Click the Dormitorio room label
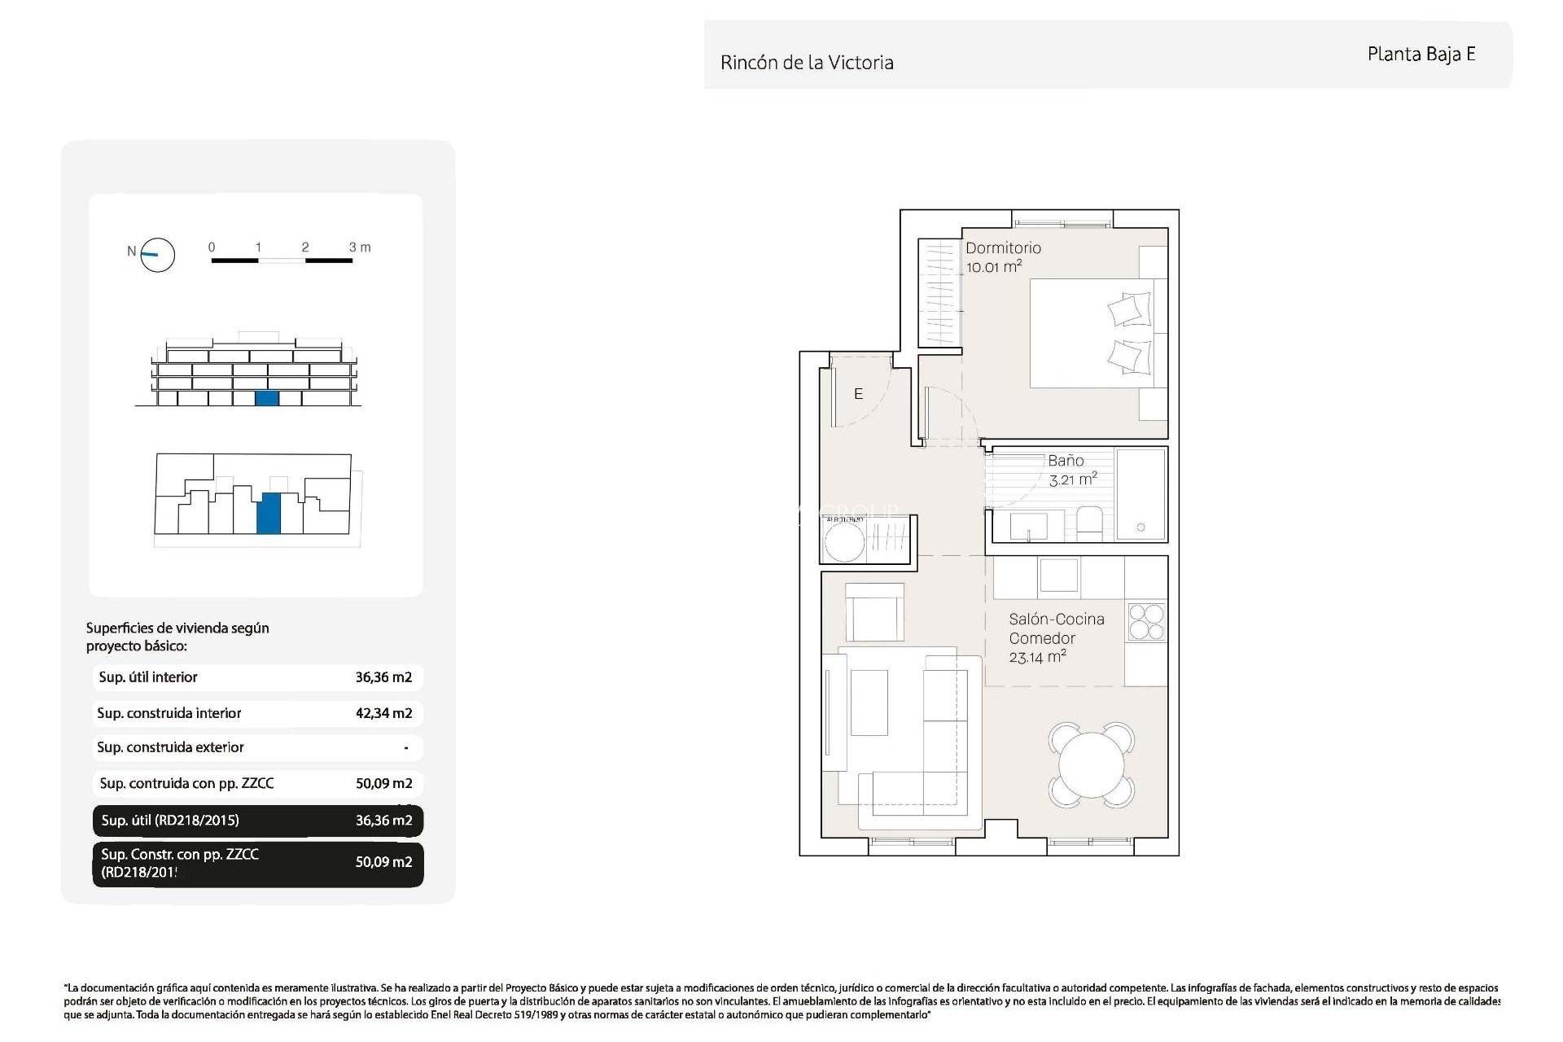1003,248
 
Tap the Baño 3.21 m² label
1071,471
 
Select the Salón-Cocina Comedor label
1056,629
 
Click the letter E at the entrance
858,394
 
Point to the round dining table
1091,765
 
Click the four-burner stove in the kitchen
1146,622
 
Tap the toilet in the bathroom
1089,523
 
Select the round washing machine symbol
844,542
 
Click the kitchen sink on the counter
1058,576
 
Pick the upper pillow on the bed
1129,310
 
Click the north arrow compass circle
158,255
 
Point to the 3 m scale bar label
359,247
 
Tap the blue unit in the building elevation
267,398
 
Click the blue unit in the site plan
269,514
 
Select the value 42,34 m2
383,713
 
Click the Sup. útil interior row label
148,677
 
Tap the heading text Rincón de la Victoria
807,63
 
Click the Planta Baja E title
1421,55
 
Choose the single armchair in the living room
874,613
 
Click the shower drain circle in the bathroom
1141,528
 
